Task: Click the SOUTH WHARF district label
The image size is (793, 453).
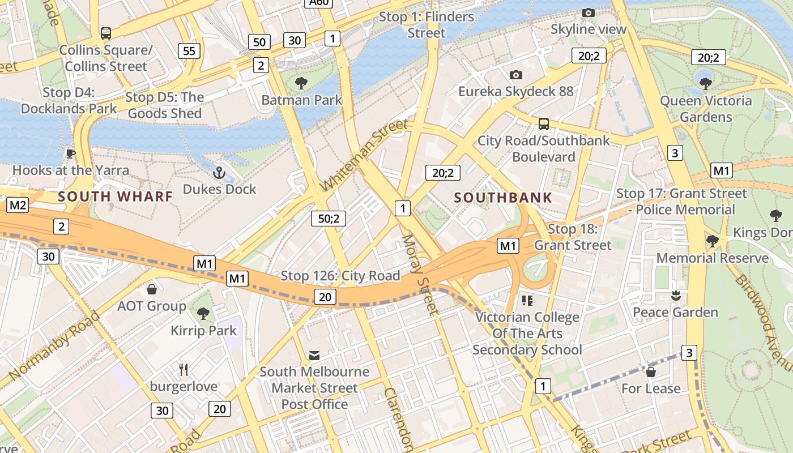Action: tap(115, 196)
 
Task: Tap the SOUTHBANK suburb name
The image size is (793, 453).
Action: tap(503, 198)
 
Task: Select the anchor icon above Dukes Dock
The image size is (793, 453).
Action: tap(219, 173)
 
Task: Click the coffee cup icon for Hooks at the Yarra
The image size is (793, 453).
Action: tap(70, 153)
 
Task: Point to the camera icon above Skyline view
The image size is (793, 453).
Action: tap(589, 12)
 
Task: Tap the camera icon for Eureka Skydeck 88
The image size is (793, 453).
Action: tap(515, 75)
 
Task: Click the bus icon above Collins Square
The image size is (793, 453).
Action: tap(106, 33)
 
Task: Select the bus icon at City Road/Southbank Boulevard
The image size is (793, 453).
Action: tap(543, 123)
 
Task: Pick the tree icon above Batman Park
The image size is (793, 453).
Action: tap(301, 83)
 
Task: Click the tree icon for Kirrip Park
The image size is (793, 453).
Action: tap(203, 313)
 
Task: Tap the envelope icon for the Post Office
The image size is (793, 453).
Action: tap(314, 355)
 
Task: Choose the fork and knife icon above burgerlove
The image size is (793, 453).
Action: tap(183, 370)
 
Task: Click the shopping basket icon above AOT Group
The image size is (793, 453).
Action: tap(151, 290)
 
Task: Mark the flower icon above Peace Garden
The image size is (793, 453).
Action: tap(675, 296)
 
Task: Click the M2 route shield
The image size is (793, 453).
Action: tap(17, 205)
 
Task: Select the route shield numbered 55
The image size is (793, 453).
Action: tap(189, 51)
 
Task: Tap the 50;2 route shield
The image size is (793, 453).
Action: tap(329, 218)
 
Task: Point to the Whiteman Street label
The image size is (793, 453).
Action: tap(364, 155)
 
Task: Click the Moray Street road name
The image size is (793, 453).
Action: tap(420, 275)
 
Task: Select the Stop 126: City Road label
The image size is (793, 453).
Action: tap(340, 276)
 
